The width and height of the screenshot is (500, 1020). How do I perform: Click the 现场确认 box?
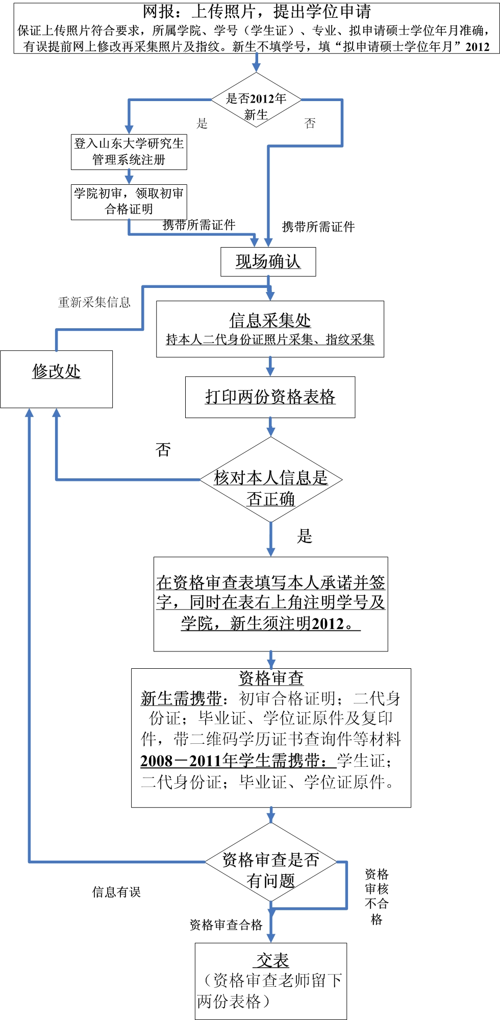tap(268, 261)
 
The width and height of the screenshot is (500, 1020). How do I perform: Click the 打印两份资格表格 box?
tap(270, 397)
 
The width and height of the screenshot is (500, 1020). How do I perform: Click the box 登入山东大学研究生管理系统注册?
tap(129, 152)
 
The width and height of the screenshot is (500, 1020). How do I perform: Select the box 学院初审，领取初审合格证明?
tap(129, 201)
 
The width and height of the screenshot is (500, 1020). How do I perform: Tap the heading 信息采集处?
tap(269, 321)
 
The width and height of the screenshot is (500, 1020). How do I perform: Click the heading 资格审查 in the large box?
tap(271, 678)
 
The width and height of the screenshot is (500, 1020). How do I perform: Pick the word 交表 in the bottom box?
tap(272, 960)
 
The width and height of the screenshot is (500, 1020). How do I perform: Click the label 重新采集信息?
tap(94, 302)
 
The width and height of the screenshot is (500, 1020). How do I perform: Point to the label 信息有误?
tap(116, 892)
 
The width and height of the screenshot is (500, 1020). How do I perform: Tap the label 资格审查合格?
tap(226, 925)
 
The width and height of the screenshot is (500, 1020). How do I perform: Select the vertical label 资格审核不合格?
tap(377, 896)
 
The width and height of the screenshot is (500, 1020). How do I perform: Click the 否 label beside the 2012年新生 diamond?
tap(310, 123)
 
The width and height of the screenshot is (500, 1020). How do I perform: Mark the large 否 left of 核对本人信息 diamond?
tap(163, 450)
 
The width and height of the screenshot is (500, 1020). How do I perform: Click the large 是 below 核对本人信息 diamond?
tap(305, 536)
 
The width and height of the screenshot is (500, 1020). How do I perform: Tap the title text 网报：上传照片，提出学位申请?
tap(257, 11)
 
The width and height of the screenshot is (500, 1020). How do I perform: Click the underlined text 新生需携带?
tap(181, 698)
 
